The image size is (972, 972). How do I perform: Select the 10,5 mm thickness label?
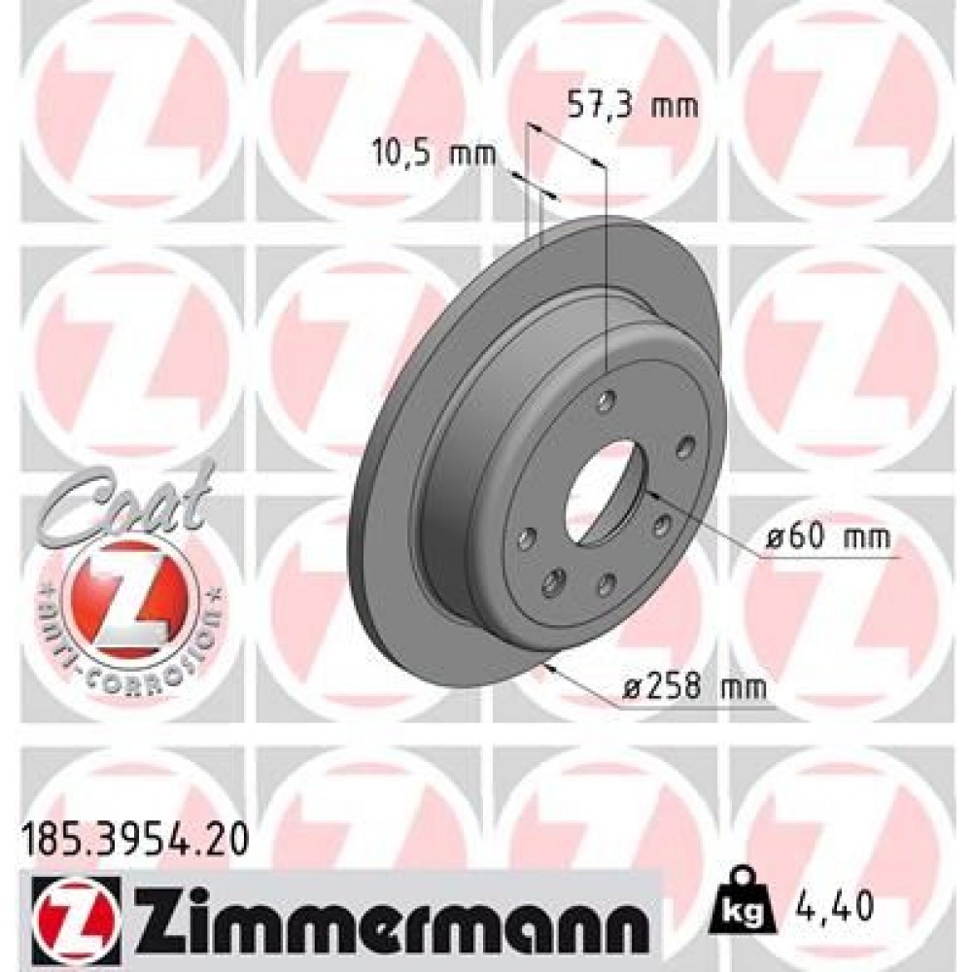[x=434, y=153]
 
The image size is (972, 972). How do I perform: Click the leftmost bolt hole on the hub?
[x=528, y=538]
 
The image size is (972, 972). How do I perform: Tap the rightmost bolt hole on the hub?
[x=685, y=446]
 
